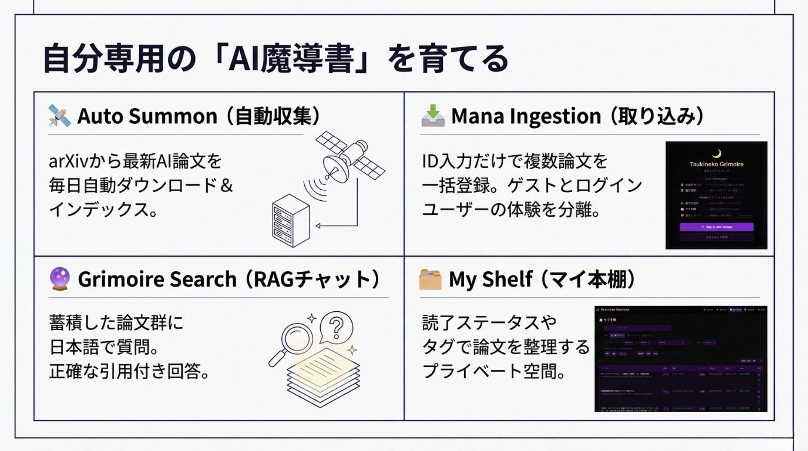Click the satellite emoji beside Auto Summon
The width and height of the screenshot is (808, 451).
[59, 116]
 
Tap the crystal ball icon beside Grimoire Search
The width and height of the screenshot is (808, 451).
[60, 279]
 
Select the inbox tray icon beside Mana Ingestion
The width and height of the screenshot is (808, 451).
[433, 116]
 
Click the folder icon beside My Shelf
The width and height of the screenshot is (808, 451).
[431, 279]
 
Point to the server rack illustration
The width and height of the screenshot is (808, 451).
[290, 220]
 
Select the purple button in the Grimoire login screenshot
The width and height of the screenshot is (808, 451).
[716, 227]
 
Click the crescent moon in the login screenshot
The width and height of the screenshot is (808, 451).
[717, 153]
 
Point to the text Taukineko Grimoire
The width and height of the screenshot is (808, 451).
[716, 164]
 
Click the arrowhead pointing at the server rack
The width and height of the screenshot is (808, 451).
[318, 226]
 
